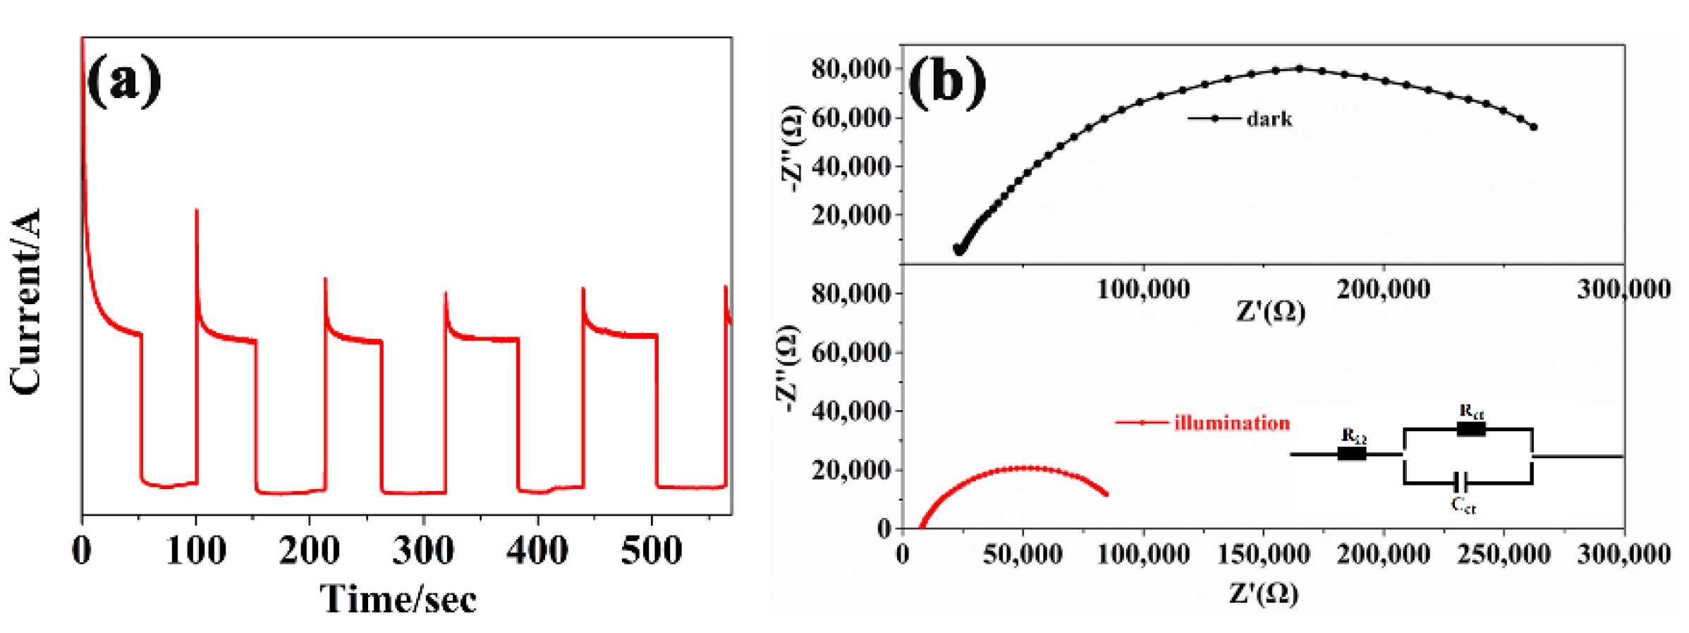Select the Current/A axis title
pos(25,301)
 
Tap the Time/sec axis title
pos(398,599)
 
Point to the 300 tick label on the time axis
pos(423,551)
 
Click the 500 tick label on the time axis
pos(651,551)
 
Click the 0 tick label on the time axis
pos(82,551)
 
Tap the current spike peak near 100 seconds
pos(197,210)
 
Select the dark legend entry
pos(1241,119)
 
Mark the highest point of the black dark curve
pos(1299,68)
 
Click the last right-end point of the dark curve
pos(1533,127)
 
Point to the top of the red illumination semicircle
pos(1026,468)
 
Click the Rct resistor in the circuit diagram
pos(1471,428)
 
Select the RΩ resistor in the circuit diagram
pos(1351,454)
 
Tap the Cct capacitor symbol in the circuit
pos(1463,483)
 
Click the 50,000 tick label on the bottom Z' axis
pos(1023,554)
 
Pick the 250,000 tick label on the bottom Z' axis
pos(1504,554)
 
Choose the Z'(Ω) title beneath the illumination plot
pos(1264,593)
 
